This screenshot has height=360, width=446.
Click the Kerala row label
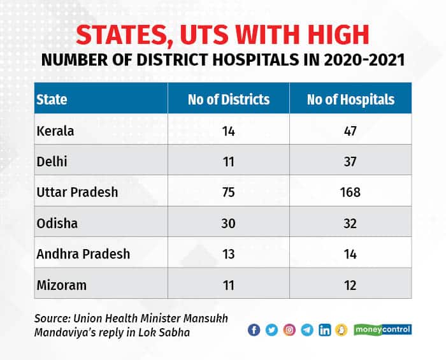tap(56, 131)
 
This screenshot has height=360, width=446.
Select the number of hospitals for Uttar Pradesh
tap(350, 192)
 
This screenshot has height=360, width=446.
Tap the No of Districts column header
tap(228, 99)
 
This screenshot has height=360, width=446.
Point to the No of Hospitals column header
tap(350, 99)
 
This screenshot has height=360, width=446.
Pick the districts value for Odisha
tap(228, 223)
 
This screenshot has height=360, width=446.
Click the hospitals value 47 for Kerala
tap(350, 131)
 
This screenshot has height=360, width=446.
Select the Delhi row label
tap(52, 161)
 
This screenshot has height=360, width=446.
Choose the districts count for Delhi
tap(228, 161)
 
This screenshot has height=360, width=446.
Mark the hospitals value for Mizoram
tap(350, 284)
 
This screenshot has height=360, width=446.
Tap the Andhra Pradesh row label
tap(83, 254)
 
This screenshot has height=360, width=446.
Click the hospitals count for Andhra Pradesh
tap(350, 254)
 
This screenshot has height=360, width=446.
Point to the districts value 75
tap(228, 192)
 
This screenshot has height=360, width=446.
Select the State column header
tap(52, 99)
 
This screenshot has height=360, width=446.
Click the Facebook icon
tap(254, 329)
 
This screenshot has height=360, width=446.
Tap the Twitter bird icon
tap(271, 329)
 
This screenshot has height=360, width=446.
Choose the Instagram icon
tap(289, 329)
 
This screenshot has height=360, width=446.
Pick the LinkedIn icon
tap(325, 329)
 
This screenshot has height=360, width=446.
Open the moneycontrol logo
tap(383, 329)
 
